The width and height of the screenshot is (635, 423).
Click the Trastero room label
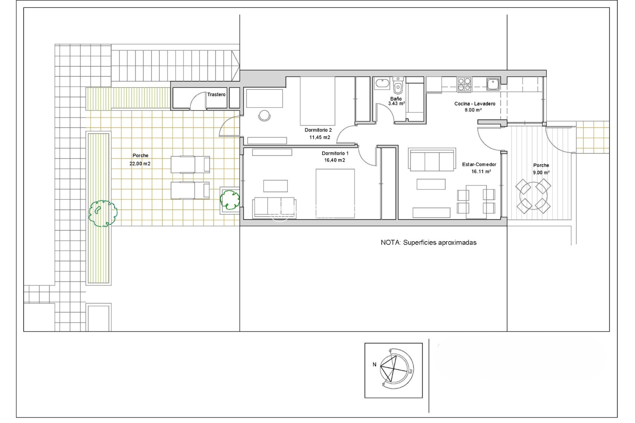216,95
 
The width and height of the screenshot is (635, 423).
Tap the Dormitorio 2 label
318,130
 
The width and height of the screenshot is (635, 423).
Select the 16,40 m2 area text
334,160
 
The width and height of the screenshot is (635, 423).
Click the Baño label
396,99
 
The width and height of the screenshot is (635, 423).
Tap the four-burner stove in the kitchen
464,84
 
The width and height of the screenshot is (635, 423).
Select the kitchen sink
493,84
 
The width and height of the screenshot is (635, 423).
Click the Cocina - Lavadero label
475,104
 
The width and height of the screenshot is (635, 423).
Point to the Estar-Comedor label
479,165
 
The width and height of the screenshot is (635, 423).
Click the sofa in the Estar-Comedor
432,160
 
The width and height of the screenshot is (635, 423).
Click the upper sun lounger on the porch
190,164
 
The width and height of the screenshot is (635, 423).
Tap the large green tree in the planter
103,213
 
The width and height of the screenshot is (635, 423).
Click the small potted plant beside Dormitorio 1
230,199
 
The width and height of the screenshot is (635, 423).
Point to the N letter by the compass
374,365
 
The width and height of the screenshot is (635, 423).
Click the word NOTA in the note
391,243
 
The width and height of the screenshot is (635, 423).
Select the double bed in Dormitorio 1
335,193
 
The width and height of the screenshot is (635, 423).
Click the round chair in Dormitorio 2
264,115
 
